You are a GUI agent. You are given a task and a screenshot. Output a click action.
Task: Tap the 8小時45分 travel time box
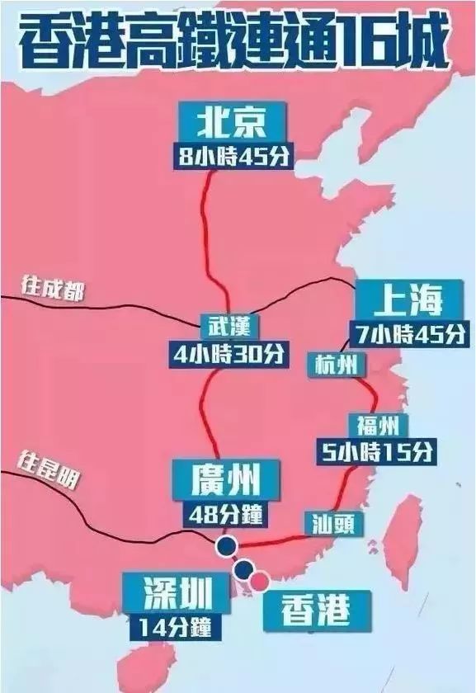232,157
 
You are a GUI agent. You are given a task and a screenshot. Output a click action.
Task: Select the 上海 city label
408,301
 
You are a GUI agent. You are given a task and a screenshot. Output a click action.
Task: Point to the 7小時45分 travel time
408,334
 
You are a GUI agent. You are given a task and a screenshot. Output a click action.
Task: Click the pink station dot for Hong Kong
259,581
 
